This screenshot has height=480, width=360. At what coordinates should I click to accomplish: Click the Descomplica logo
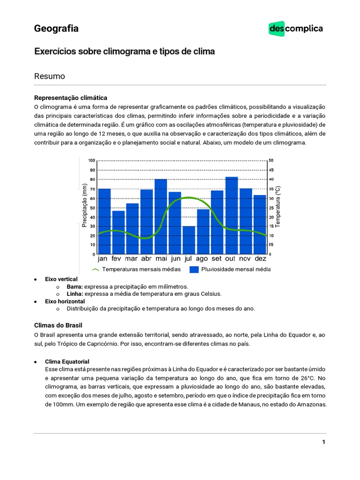[x=295, y=29]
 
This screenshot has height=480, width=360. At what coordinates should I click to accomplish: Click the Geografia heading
[x=56, y=29]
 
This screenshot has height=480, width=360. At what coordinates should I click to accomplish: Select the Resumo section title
[x=49, y=76]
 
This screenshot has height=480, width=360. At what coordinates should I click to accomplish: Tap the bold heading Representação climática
[x=71, y=97]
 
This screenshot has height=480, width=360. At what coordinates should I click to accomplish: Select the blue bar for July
[x=189, y=240]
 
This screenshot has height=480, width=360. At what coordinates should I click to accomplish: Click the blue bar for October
[x=231, y=216]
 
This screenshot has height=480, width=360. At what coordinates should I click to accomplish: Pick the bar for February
[x=119, y=232]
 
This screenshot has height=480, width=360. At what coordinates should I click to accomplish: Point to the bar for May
[x=161, y=217]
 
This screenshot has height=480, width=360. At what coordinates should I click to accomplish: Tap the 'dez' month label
[x=260, y=259]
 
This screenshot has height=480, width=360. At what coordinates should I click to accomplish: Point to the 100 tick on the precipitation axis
[x=91, y=161]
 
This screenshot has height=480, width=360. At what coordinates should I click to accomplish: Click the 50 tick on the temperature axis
[x=271, y=161]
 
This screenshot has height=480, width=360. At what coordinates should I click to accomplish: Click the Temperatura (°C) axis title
[x=277, y=206]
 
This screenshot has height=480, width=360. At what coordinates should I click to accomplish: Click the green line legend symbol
[x=96, y=270]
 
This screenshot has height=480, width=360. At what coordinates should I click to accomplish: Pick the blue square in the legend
[x=194, y=270]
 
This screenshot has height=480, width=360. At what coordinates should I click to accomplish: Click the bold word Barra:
[x=75, y=286]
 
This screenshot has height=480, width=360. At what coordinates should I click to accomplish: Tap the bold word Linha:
[x=75, y=294]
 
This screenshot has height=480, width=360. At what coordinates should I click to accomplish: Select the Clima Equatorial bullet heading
[x=67, y=362]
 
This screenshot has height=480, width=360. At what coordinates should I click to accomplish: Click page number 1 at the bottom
[x=323, y=442]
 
